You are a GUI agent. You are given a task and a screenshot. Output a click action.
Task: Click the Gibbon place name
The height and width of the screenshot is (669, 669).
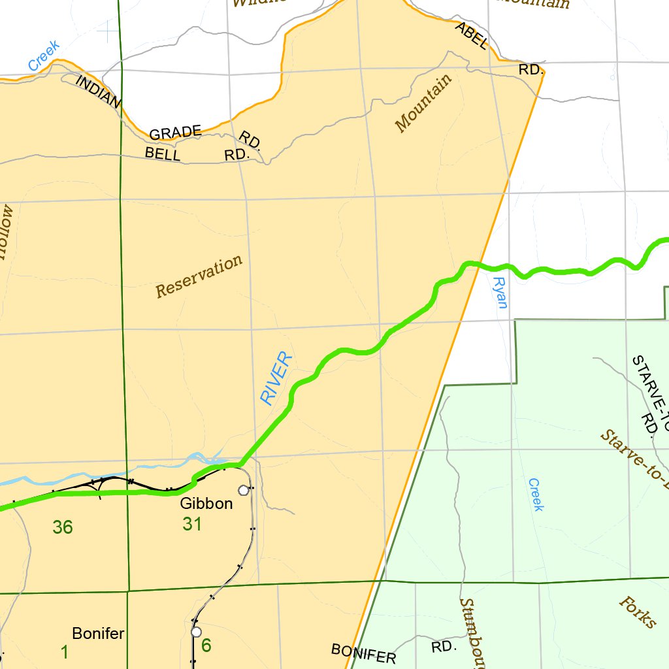(x=206, y=504)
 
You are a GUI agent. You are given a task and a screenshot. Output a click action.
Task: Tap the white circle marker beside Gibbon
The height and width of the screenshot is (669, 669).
(x=244, y=490)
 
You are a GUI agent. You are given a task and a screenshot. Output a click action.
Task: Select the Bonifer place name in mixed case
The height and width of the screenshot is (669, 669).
(x=98, y=633)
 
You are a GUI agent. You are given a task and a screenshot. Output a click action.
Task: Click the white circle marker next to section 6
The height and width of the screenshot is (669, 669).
(x=196, y=632)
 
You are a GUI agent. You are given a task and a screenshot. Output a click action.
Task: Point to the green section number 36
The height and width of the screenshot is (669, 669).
(x=63, y=527)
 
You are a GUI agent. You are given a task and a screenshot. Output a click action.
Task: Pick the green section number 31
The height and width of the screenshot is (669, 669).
(x=191, y=524)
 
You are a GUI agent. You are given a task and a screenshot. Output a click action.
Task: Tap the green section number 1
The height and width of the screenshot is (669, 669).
(x=65, y=651)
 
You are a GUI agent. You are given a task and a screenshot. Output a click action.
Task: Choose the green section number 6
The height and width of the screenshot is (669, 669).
(x=206, y=645)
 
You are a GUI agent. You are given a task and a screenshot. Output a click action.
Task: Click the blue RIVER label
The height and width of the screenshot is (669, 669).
(x=276, y=378)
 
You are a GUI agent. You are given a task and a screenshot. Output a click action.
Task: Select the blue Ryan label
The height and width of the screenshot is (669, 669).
(x=500, y=292)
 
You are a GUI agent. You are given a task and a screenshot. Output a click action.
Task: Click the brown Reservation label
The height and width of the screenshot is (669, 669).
(x=199, y=277)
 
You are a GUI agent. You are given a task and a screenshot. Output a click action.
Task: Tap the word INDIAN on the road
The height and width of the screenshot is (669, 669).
(x=99, y=91)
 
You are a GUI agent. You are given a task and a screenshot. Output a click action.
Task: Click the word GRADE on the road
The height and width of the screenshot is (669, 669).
(x=175, y=133)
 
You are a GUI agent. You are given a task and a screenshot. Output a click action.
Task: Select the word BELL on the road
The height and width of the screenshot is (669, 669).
(x=162, y=154)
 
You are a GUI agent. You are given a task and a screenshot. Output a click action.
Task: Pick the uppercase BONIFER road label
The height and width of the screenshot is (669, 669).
(x=363, y=653)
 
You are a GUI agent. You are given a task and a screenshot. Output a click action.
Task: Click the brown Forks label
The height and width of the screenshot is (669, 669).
(x=637, y=612)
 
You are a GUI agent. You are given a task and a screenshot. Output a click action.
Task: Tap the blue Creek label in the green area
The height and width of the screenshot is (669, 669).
(x=536, y=495)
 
